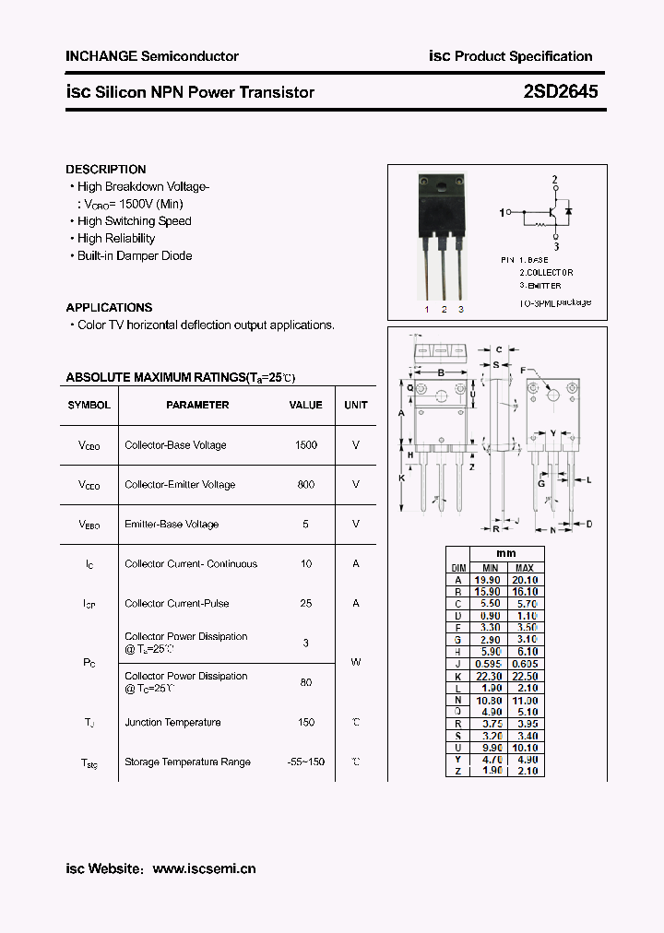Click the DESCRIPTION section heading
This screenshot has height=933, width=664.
(x=106, y=170)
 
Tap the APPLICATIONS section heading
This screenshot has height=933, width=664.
(x=109, y=308)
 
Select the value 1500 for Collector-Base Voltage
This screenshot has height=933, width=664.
(x=306, y=445)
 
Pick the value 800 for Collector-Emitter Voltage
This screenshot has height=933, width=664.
(x=306, y=485)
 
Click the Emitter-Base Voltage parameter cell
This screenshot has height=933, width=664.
(x=172, y=525)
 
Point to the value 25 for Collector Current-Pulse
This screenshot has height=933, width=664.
(x=306, y=604)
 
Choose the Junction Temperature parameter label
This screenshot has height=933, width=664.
(x=172, y=723)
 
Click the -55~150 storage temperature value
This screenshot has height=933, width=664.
(x=305, y=762)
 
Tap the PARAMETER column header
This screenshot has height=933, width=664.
(x=197, y=405)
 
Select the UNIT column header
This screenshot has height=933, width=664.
(x=356, y=405)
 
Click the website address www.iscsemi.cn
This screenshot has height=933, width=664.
(x=204, y=868)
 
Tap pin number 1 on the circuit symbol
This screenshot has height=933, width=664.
(x=503, y=213)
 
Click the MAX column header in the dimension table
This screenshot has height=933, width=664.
(x=525, y=568)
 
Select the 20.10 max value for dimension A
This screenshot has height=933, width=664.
(x=525, y=580)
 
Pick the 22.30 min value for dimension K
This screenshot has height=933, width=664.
(x=488, y=676)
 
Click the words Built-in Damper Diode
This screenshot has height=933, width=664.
(x=135, y=256)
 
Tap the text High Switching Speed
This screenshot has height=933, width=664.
(x=135, y=221)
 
